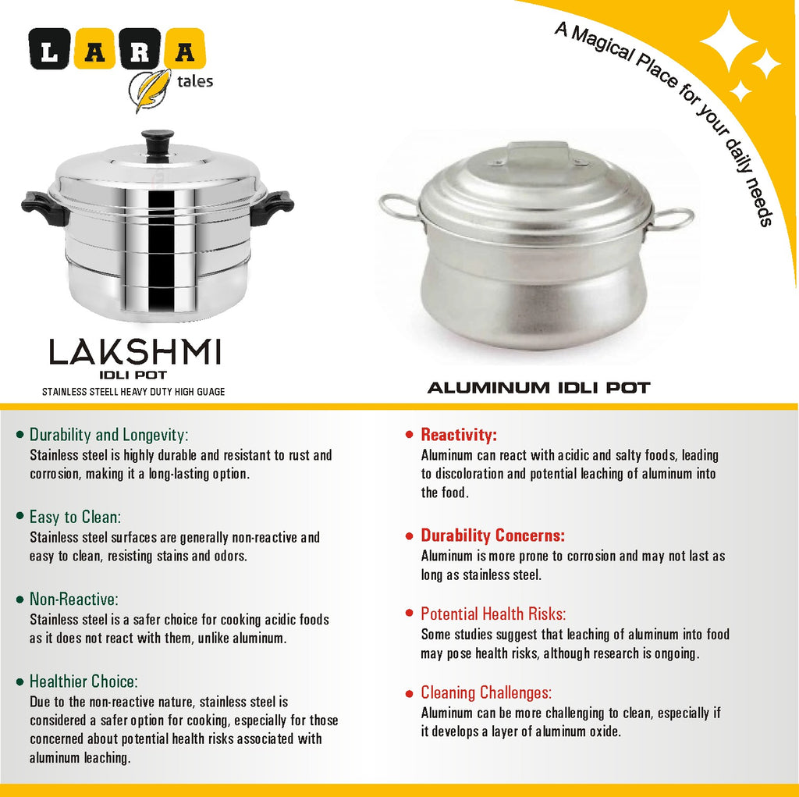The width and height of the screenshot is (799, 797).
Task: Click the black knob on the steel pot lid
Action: (x=158, y=144)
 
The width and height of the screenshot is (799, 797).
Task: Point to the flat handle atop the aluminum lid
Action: (x=537, y=152)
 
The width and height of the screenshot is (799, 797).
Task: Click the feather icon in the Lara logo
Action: (x=150, y=87)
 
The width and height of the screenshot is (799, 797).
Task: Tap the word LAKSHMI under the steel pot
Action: (x=135, y=353)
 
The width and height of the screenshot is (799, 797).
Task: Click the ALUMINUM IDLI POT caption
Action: (x=538, y=387)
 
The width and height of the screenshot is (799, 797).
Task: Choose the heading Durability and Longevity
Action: (x=108, y=435)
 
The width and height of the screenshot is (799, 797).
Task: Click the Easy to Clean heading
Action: (x=75, y=517)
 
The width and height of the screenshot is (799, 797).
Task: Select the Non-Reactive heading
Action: (x=73, y=600)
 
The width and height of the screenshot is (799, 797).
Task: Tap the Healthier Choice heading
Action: (x=83, y=681)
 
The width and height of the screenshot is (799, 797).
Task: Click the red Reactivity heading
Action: (x=459, y=435)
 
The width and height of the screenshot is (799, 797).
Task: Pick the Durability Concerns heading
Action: (x=492, y=535)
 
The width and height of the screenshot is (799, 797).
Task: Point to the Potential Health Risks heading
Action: (x=493, y=614)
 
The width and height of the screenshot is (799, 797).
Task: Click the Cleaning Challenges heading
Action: (x=486, y=692)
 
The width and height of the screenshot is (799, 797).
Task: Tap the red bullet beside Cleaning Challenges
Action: (x=410, y=693)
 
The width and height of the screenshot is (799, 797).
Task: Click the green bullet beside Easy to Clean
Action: (x=20, y=517)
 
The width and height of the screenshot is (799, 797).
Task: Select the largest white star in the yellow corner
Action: (x=728, y=41)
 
